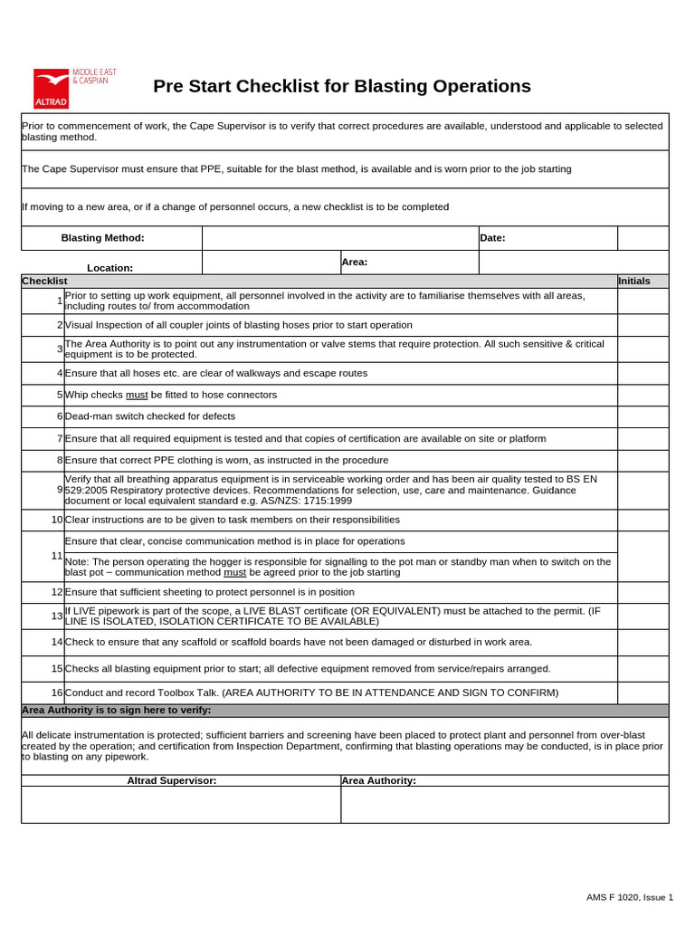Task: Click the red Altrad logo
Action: click(54, 88)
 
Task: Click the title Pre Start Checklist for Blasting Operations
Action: click(341, 87)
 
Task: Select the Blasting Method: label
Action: click(102, 238)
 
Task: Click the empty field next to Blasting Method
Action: click(340, 238)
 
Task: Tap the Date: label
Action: click(493, 238)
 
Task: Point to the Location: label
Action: click(109, 268)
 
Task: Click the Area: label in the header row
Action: click(354, 262)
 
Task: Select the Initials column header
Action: click(634, 281)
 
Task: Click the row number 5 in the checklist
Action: click(60, 396)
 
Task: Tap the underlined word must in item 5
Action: click(137, 396)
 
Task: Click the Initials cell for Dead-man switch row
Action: click(643, 416)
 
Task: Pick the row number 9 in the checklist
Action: click(60, 491)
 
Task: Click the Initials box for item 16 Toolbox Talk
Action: click(643, 693)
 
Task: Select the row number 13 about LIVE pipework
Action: click(57, 616)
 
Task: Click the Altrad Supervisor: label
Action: click(172, 780)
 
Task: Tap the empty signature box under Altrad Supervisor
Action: click(181, 804)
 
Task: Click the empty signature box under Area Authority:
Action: click(504, 804)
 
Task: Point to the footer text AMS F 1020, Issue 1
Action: click(629, 897)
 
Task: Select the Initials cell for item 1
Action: click(643, 301)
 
